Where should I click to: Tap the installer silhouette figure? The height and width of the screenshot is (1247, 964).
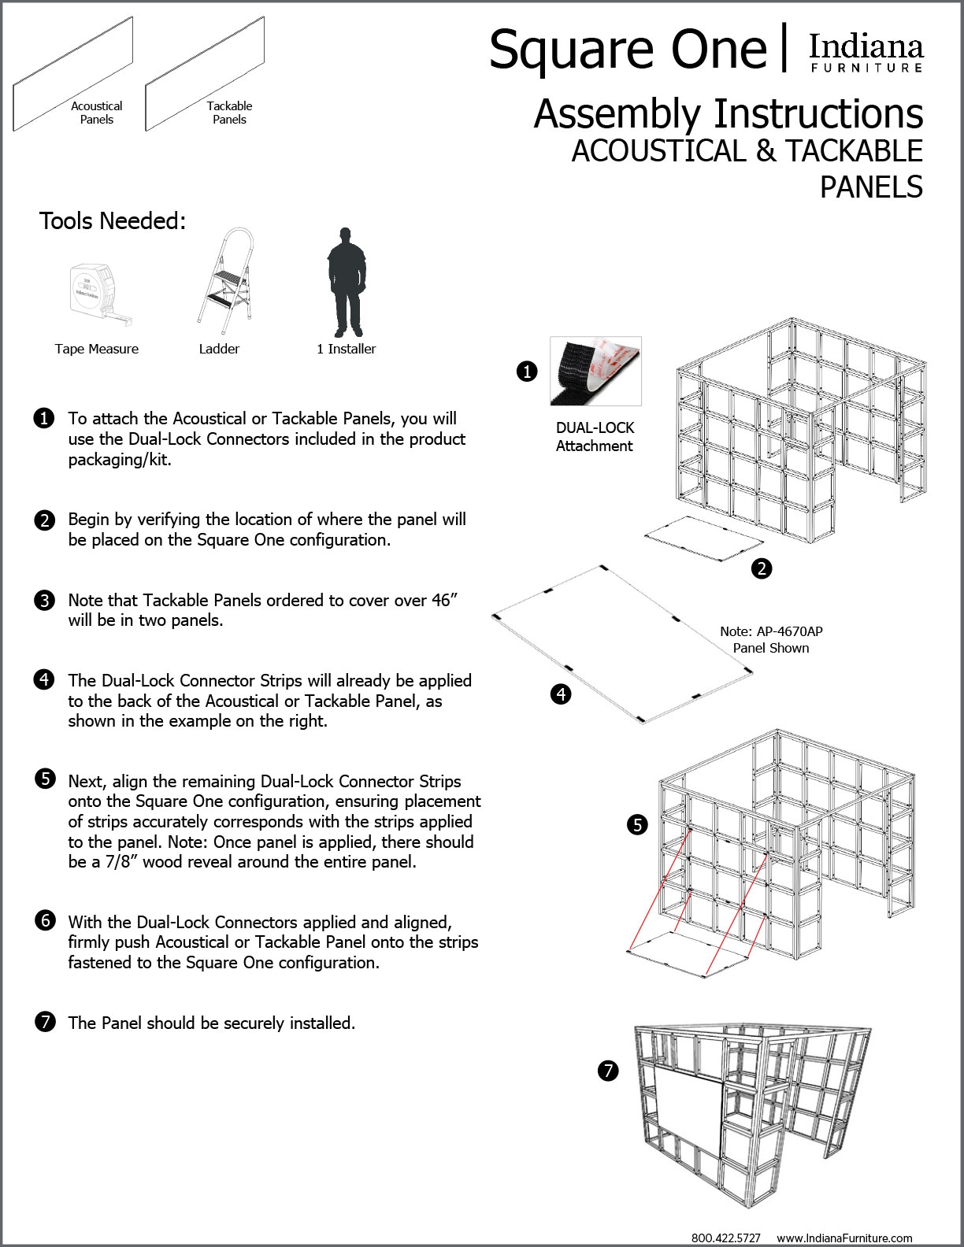click(x=344, y=282)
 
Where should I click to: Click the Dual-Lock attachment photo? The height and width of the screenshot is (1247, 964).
click(x=595, y=371)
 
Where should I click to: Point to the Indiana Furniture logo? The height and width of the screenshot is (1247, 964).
click(x=866, y=53)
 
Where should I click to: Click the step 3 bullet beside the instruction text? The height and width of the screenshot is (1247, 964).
click(x=45, y=601)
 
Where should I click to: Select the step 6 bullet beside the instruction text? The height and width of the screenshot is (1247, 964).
click(x=45, y=920)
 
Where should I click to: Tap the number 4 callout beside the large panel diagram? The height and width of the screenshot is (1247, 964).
click(x=561, y=694)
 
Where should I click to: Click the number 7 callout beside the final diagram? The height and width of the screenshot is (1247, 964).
click(x=607, y=1071)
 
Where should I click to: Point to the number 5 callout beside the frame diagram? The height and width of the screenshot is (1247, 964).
click(x=637, y=824)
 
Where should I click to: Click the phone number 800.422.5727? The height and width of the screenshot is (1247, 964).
click(x=725, y=1238)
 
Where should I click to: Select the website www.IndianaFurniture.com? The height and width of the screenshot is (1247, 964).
click(x=844, y=1238)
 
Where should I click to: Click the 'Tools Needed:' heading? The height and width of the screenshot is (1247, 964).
click(x=113, y=221)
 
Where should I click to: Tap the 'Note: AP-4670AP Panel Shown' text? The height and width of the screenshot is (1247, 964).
click(x=771, y=639)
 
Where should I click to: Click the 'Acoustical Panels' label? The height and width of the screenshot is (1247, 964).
click(x=97, y=113)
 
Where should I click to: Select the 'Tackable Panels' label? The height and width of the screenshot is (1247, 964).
click(x=229, y=113)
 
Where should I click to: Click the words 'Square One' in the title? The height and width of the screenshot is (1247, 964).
click(x=628, y=49)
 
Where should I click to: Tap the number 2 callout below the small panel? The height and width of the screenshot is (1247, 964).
click(x=762, y=568)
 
